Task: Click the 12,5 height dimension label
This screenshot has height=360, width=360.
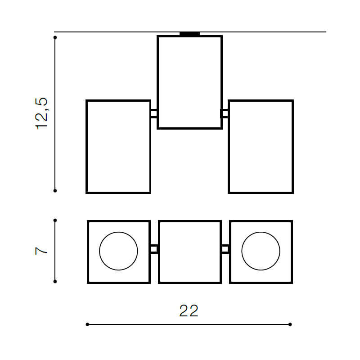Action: coord(41,114)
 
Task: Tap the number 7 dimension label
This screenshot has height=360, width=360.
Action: coord(41,251)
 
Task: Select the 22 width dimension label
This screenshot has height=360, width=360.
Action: coord(189,311)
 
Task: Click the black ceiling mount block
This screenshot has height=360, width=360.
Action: coord(189,34)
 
